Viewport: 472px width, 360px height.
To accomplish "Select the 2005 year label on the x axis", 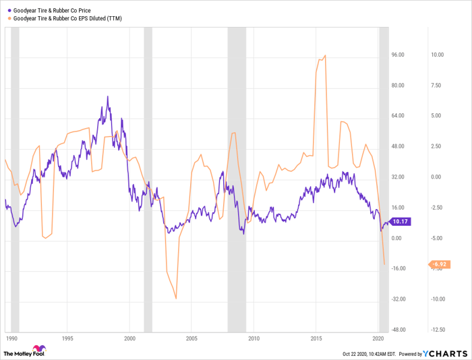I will [x=192, y=337].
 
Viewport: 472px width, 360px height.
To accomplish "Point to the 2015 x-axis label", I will [x=317, y=337].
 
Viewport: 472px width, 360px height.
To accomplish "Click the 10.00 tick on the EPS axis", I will [x=437, y=55].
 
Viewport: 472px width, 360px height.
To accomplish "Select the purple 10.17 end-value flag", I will [x=401, y=222].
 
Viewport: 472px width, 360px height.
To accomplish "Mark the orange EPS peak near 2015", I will [x=326, y=55].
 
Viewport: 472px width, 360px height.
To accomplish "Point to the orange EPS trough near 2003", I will [x=176, y=299].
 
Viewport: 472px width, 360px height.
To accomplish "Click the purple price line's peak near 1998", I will [x=108, y=96].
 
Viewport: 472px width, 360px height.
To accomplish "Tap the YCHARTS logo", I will [x=445, y=353].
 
